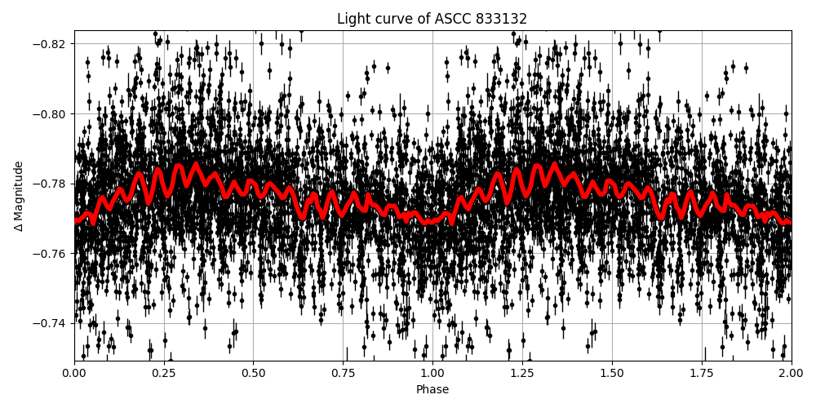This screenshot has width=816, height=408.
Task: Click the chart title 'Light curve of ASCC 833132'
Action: click(x=432, y=19)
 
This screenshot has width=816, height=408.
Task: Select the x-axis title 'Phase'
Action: click(x=432, y=390)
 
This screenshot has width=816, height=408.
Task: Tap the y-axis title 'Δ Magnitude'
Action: click(x=19, y=196)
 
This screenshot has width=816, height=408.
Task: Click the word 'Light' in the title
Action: click(x=352, y=19)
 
